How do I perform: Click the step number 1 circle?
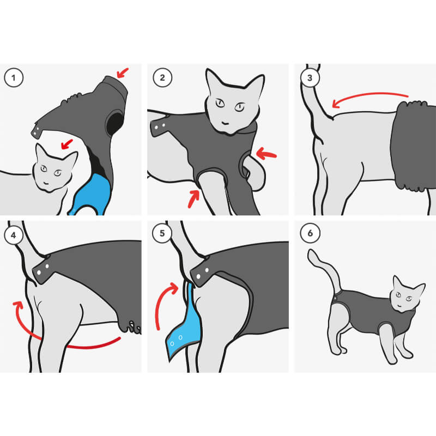(x=14, y=77)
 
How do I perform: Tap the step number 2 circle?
(x=162, y=77)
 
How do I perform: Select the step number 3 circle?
(x=310, y=77)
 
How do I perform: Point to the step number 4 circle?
(x=13, y=235)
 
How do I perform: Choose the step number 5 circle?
(x=162, y=233)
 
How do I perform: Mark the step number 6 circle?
(x=310, y=233)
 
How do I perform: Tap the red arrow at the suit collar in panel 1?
(x=122, y=73)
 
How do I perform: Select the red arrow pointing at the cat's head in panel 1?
(x=66, y=144)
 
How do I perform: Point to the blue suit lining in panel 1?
(x=92, y=195)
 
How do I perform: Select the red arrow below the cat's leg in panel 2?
(x=193, y=199)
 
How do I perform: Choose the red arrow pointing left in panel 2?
(x=266, y=154)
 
